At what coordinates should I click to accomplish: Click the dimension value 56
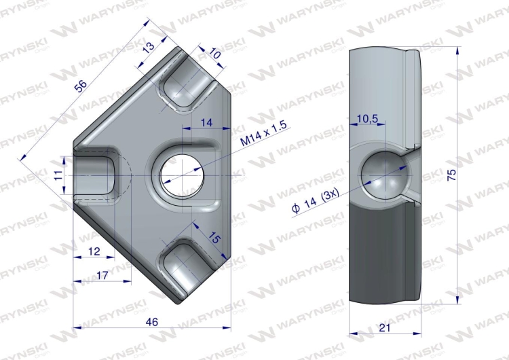coord(81,86)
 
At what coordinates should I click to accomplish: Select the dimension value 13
coord(149,48)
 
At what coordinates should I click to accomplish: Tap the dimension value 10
coord(214,54)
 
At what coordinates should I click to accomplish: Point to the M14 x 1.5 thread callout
coord(264,133)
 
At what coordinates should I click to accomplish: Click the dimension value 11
coord(58,175)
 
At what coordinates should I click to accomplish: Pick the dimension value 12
coord(94,251)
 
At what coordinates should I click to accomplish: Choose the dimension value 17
coord(102,276)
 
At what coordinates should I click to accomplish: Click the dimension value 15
coord(214,238)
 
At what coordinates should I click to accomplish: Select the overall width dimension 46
coord(151,322)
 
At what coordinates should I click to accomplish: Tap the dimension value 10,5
coord(367,119)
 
